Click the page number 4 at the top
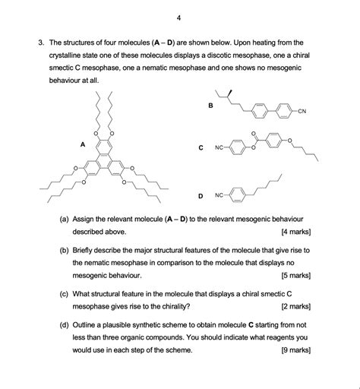(178, 16)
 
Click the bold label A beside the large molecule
(82, 143)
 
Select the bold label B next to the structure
(210, 106)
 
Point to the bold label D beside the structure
(201, 195)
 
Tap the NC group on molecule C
(219, 147)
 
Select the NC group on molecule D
(219, 195)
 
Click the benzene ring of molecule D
(238, 195)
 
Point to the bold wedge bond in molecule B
(229, 94)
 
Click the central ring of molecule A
(105, 160)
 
